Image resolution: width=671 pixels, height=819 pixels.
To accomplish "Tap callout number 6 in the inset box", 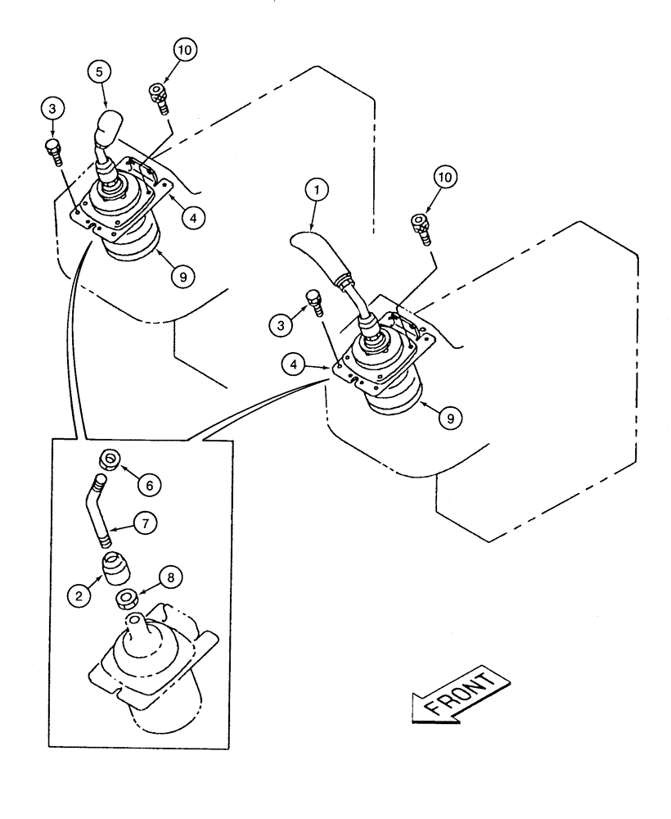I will [x=149, y=484].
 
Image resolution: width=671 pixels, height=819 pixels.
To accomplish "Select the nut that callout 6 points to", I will [x=109, y=459].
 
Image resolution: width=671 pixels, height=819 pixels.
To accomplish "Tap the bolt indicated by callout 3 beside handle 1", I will [x=313, y=302].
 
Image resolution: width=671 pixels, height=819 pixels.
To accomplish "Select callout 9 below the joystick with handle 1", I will [x=449, y=416].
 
